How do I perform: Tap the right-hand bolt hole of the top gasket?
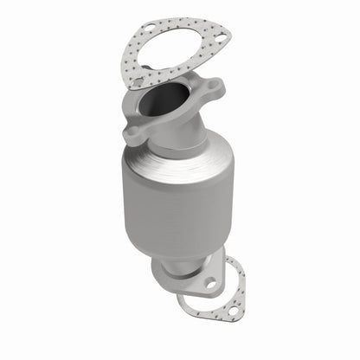(220, 40)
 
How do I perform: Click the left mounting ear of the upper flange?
(134, 134)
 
